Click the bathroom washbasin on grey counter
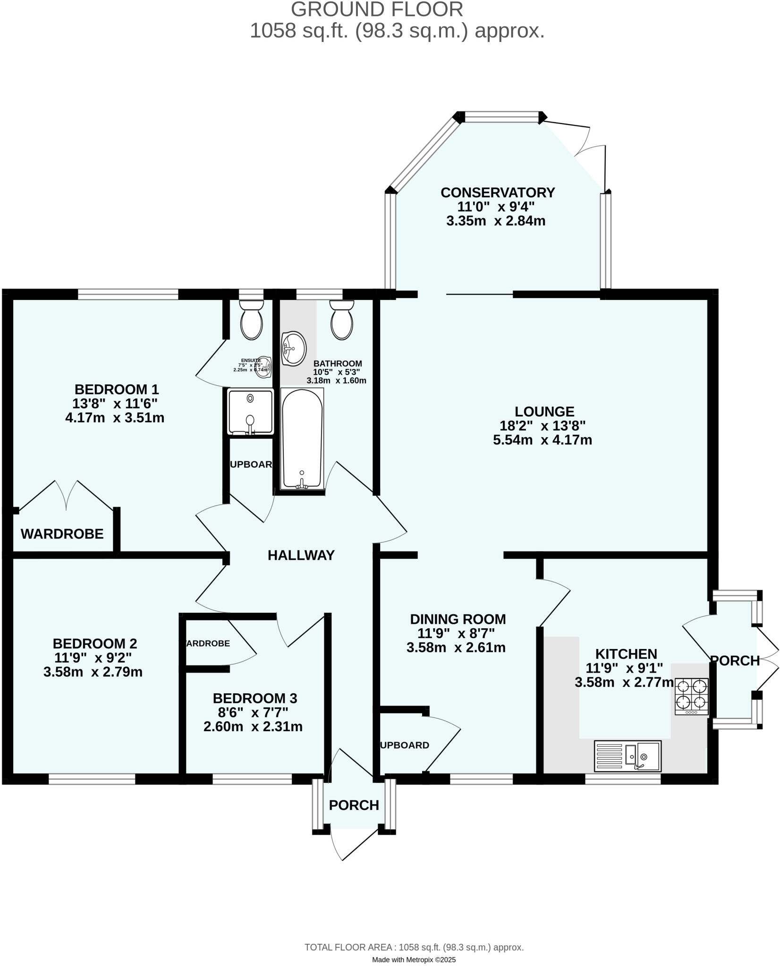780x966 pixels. [x=294, y=349]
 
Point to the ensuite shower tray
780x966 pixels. [x=250, y=411]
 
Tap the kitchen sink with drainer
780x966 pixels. [x=627, y=756]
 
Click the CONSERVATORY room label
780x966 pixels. [x=498, y=192]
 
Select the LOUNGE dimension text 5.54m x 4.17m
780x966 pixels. [x=543, y=440]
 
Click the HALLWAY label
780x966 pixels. [x=301, y=555]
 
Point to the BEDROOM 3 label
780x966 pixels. [x=255, y=698]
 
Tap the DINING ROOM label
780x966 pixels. [x=458, y=619]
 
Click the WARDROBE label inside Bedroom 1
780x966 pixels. [x=62, y=534]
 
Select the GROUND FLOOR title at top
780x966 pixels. [x=377, y=10]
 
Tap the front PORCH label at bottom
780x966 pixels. [x=354, y=805]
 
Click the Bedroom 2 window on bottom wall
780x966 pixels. [x=92, y=779]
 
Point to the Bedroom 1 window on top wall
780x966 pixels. [x=128, y=295]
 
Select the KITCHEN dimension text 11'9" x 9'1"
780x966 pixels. [x=624, y=668]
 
